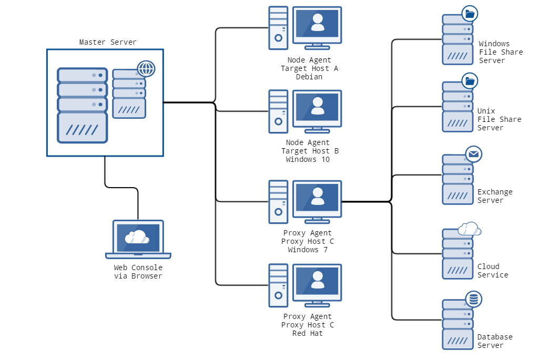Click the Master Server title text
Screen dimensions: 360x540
click(x=108, y=42)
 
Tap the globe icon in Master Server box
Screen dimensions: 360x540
click(x=146, y=69)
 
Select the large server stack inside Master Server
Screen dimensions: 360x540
click(x=83, y=105)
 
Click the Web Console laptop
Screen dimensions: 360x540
click(x=138, y=239)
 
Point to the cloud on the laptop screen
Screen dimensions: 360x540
click(x=137, y=237)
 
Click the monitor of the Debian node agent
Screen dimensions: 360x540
click(x=317, y=25)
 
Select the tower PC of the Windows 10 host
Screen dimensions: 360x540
click(x=278, y=110)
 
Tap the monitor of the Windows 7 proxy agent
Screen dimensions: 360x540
click(x=317, y=199)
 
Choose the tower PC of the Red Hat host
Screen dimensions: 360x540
click(x=278, y=285)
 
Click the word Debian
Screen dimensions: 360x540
click(x=309, y=77)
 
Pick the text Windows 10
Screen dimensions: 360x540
click(x=308, y=159)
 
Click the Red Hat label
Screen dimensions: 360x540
click(x=308, y=333)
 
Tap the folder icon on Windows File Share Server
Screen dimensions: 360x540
click(x=470, y=14)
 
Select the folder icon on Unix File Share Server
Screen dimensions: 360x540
click(x=470, y=81)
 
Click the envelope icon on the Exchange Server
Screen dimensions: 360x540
click(x=474, y=154)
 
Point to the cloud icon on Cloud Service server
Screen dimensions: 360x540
click(x=470, y=229)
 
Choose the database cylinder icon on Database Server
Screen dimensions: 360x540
click(x=474, y=300)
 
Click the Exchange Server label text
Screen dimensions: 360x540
click(x=494, y=196)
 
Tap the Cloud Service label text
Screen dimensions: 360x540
click(x=493, y=271)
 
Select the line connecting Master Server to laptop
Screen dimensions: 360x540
click(x=121, y=187)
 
